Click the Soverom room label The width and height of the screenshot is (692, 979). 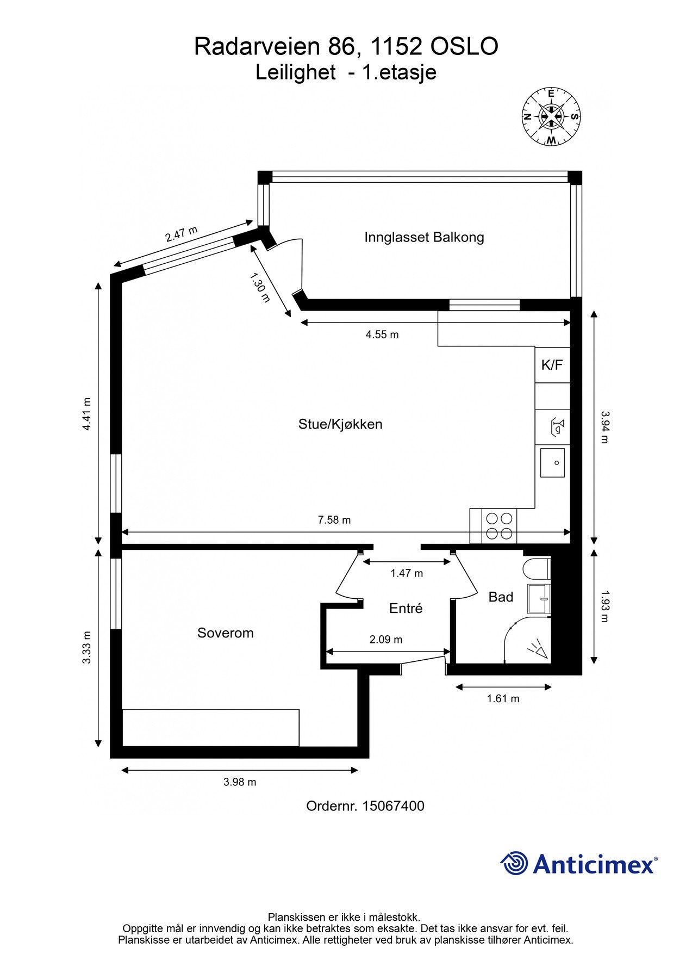pyautogui.click(x=225, y=633)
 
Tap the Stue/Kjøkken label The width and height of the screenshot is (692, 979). pyautogui.click(x=340, y=424)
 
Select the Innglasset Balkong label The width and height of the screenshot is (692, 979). pyautogui.click(x=424, y=237)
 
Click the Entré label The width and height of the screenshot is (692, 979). pyautogui.click(x=406, y=609)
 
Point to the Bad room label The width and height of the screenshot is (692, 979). pyautogui.click(x=501, y=597)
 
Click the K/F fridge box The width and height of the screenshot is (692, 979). pyautogui.click(x=552, y=365)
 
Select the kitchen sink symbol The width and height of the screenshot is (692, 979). pyautogui.click(x=552, y=463)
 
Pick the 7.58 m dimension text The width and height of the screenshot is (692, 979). pyautogui.click(x=334, y=520)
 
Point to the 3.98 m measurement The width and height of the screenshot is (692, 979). pyautogui.click(x=240, y=782)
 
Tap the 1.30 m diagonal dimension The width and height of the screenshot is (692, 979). pyautogui.click(x=260, y=288)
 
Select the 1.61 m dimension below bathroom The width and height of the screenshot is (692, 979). pyautogui.click(x=503, y=698)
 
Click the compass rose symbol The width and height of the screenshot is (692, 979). pyautogui.click(x=551, y=116)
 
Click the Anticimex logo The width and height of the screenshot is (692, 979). pyautogui.click(x=578, y=863)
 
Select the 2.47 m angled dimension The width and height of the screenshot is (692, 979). pyautogui.click(x=182, y=234)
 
